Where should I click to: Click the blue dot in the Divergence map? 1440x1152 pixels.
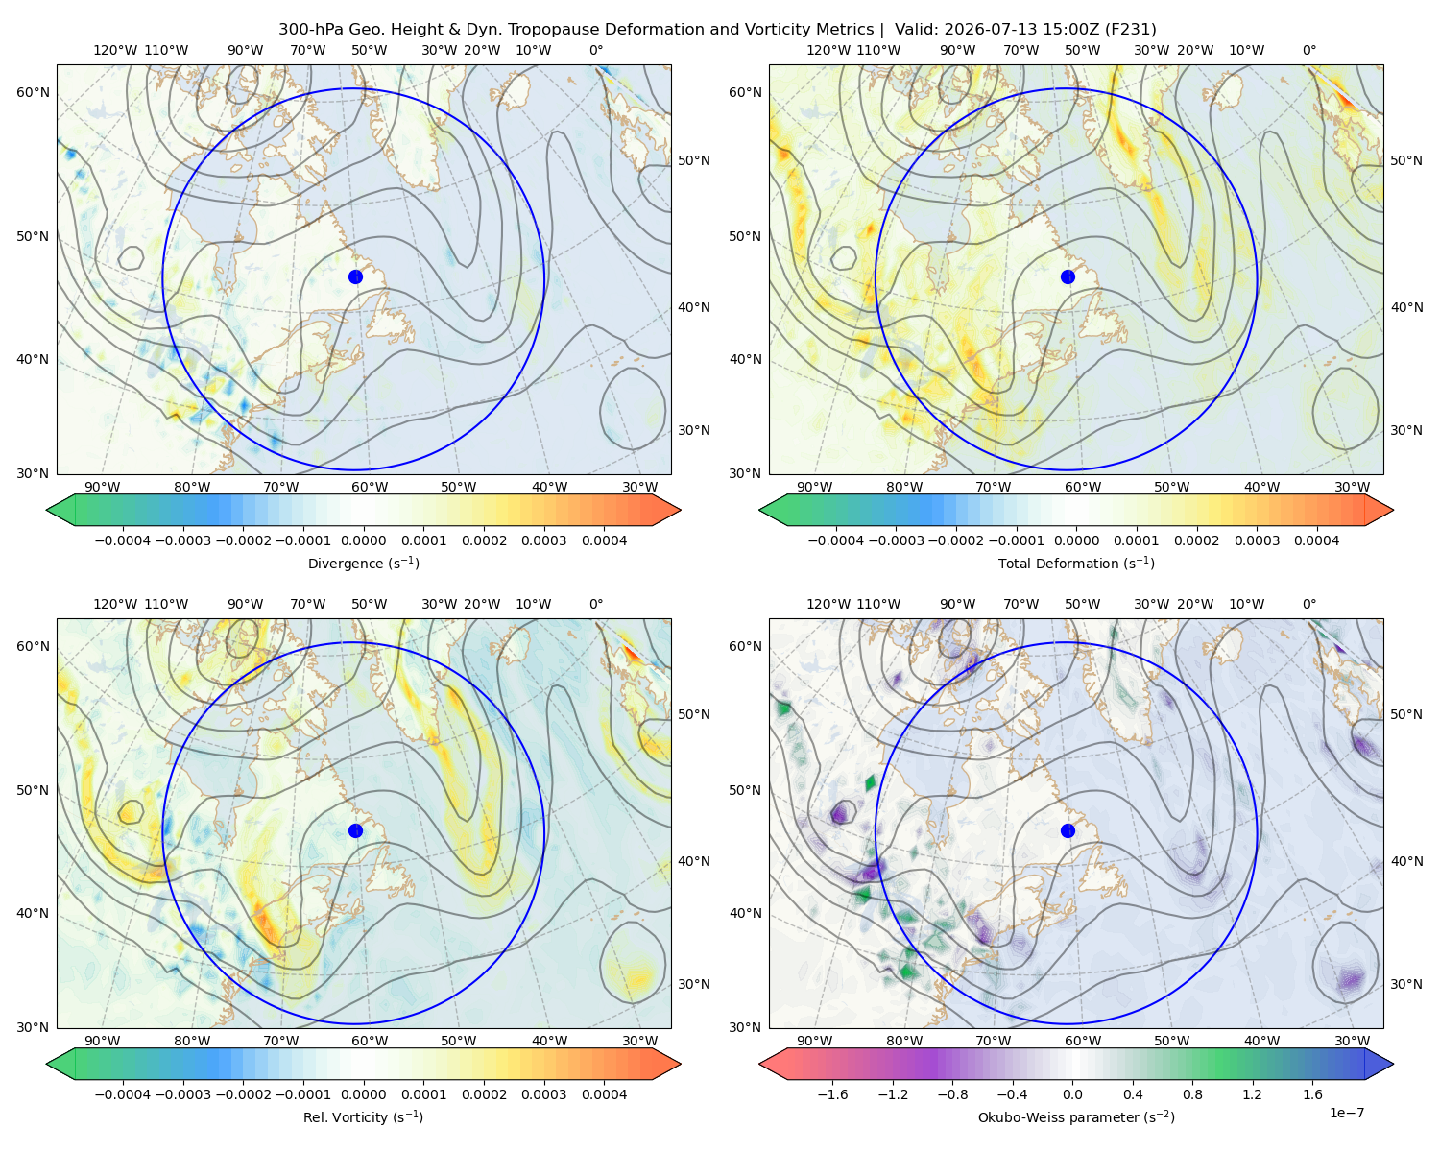tap(355, 276)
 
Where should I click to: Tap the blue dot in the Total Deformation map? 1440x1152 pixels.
tap(1068, 276)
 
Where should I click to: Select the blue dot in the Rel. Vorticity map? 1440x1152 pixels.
tap(355, 830)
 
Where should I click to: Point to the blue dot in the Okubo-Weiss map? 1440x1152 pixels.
tap(1068, 830)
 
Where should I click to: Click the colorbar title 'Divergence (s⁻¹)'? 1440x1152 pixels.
tap(363, 563)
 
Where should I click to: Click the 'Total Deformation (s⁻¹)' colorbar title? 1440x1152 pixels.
tap(1076, 563)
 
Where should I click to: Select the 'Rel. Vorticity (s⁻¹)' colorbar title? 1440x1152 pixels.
tap(363, 1116)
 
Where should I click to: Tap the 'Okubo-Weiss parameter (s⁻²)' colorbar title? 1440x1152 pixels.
tap(1076, 1116)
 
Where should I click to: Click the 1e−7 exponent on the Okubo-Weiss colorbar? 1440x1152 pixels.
tap(1346, 1113)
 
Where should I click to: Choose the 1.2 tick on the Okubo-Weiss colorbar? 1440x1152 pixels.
tap(1252, 1093)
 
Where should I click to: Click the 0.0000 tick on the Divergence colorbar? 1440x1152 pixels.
tap(363, 540)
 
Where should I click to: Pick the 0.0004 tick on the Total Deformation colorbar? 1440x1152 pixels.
tap(1316, 540)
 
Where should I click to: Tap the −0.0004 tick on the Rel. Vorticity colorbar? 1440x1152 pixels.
tap(123, 1093)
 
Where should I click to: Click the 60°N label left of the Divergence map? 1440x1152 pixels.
tap(33, 92)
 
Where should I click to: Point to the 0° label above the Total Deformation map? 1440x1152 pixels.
tap(1308, 50)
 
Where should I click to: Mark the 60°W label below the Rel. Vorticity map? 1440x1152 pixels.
tap(370, 1041)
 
